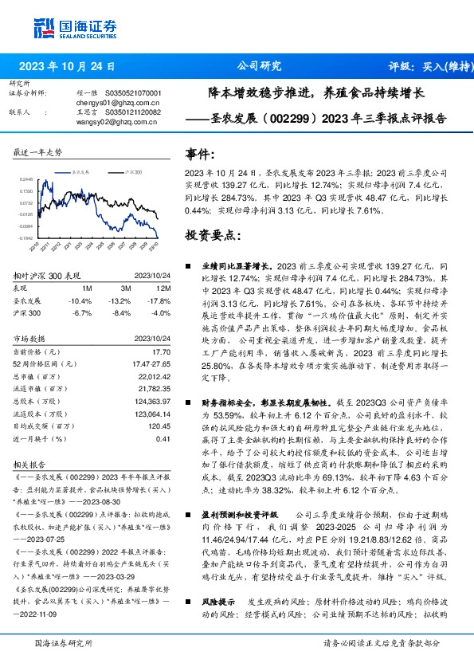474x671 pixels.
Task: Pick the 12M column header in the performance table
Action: coord(163,288)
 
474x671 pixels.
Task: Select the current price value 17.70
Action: coord(162,351)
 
